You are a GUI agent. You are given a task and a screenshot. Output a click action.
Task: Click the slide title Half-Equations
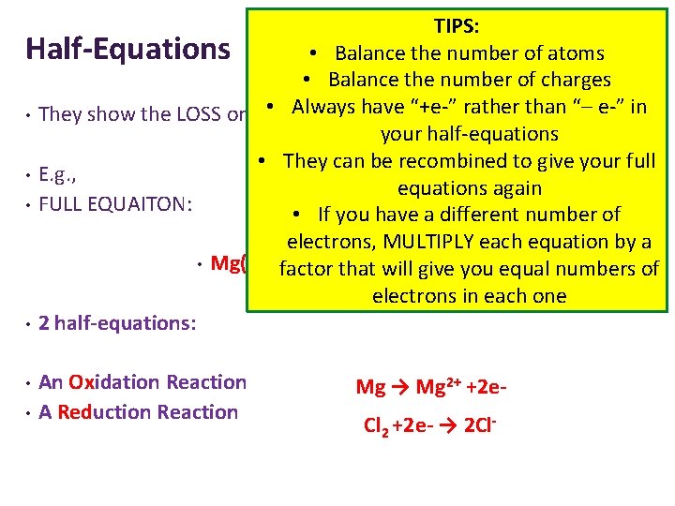[127, 48]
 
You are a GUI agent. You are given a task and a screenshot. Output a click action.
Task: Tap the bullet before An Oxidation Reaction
[29, 383]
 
